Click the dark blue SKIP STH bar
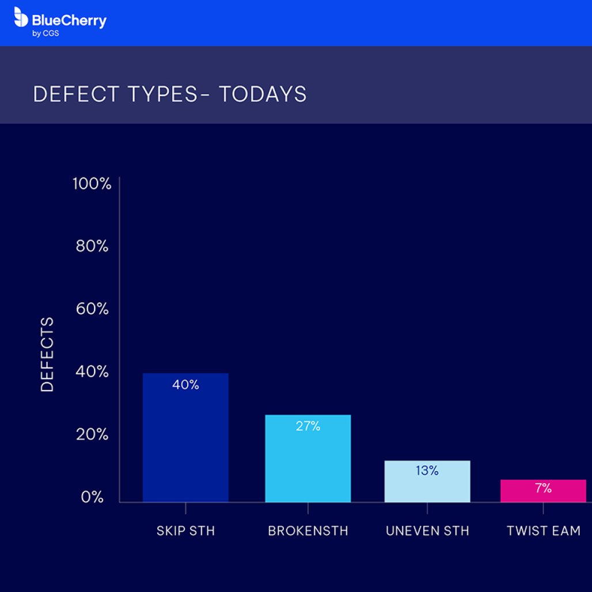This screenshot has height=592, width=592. (x=185, y=443)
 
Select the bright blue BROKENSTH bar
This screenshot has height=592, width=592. (x=308, y=464)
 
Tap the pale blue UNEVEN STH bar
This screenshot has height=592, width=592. (x=427, y=487)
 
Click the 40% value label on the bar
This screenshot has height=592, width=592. (x=185, y=385)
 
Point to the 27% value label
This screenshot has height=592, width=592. (x=308, y=427)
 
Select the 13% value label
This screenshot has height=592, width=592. (x=427, y=470)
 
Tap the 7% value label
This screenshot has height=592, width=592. (x=543, y=488)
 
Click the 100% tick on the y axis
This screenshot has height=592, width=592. (x=92, y=184)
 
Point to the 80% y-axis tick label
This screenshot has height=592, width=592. (x=92, y=246)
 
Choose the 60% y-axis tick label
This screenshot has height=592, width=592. (x=92, y=309)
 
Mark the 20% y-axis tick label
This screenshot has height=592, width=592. (x=92, y=434)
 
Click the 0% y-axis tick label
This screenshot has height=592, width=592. (x=92, y=497)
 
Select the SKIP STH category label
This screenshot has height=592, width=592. (x=185, y=531)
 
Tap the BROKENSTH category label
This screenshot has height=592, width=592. (x=308, y=531)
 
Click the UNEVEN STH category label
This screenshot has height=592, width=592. (x=427, y=531)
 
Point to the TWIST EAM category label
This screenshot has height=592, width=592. (x=543, y=531)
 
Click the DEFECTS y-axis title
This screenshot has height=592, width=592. (x=47, y=354)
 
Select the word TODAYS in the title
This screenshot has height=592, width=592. (x=263, y=94)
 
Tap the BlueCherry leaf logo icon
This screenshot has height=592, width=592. (x=21, y=17)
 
